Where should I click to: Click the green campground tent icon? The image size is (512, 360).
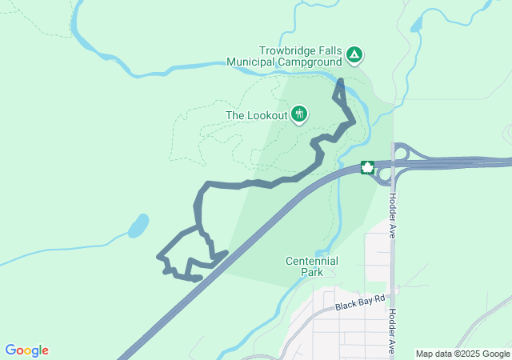[354, 55]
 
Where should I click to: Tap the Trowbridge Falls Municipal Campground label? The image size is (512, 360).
[294, 55]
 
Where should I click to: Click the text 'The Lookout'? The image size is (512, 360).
[256, 115]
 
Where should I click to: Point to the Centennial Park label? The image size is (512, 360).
[311, 266]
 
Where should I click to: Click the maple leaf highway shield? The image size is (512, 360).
[368, 168]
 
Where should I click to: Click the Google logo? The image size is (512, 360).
[26, 350]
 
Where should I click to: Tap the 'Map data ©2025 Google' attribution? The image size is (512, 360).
[462, 354]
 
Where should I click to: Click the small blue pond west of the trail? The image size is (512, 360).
[138, 226]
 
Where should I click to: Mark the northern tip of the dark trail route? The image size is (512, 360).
[340, 82]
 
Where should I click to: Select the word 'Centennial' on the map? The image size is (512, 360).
[311, 261]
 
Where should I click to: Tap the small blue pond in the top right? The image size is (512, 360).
[416, 24]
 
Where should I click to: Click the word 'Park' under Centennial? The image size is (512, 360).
[311, 272]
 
